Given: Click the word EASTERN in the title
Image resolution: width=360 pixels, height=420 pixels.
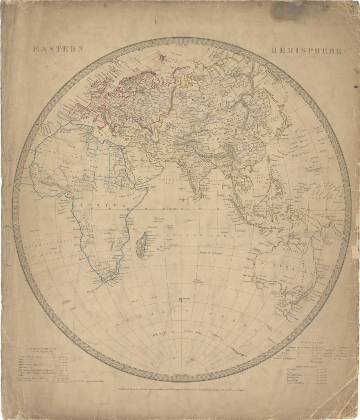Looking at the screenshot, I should (x=59, y=49).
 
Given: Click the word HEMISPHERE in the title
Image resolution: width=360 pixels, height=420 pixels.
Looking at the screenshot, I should (x=306, y=51).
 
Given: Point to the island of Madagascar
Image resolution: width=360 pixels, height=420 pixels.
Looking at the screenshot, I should (x=141, y=244).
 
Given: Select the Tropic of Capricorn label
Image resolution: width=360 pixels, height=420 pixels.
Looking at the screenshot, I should (x=213, y=253).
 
